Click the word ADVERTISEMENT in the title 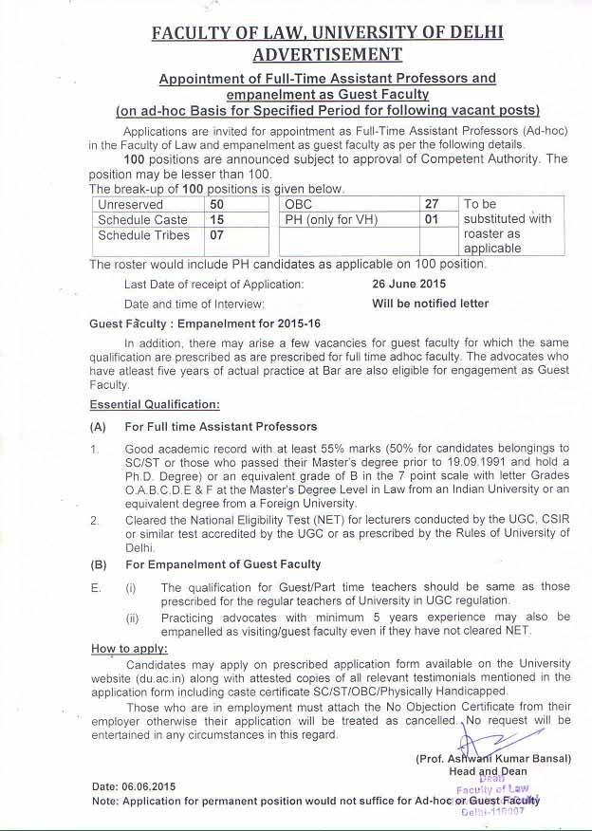click(x=326, y=55)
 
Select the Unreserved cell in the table click(x=131, y=204)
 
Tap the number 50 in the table click(x=217, y=204)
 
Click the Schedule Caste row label click(x=143, y=220)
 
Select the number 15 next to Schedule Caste click(x=217, y=220)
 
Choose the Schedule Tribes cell click(x=144, y=235)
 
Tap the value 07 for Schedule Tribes click(x=217, y=235)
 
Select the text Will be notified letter click(x=431, y=304)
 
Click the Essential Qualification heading click(x=155, y=404)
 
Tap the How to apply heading click(x=129, y=649)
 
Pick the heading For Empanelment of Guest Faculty click(x=222, y=563)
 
